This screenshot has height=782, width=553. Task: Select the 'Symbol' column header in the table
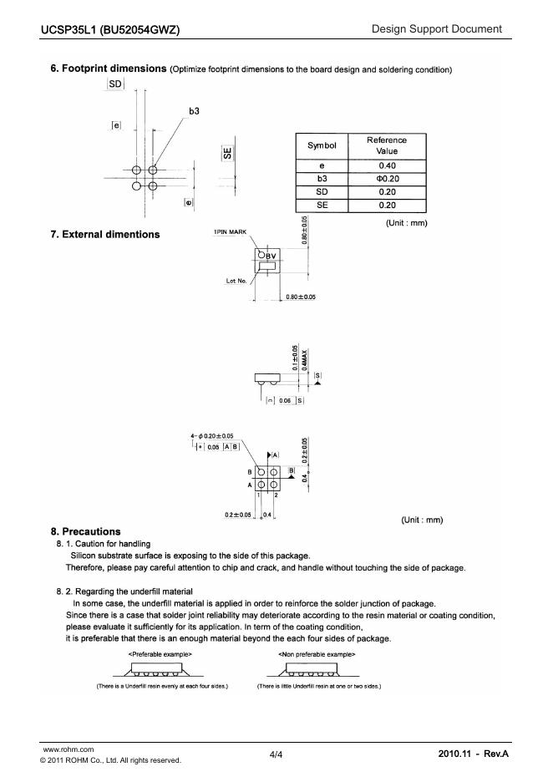point(322,145)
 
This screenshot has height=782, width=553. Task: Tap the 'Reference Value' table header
point(386,145)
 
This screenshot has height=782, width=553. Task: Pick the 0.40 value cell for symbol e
point(387,165)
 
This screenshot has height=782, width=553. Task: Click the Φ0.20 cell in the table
point(387,179)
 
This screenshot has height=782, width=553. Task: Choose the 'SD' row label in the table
point(322,192)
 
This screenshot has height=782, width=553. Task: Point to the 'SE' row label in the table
point(322,205)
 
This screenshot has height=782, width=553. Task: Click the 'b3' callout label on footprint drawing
point(194,110)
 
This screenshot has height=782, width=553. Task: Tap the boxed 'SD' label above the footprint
point(115,85)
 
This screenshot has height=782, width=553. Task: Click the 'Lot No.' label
point(236,281)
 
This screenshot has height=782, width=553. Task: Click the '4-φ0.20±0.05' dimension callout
point(213,435)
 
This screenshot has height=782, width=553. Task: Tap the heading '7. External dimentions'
point(105,235)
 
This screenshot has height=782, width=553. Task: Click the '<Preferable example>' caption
point(160,653)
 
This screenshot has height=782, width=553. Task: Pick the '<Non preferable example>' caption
point(317,653)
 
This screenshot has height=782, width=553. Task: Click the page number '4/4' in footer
point(276,754)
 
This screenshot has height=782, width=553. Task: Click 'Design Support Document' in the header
point(437,29)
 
